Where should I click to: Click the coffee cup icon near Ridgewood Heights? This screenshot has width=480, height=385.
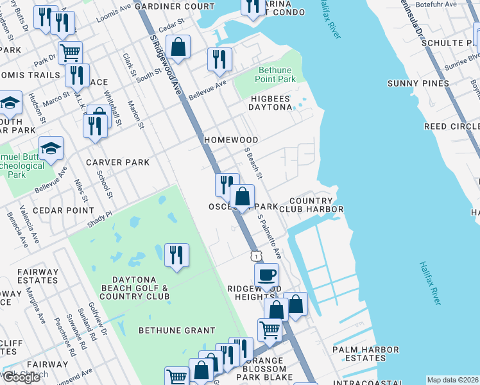266,275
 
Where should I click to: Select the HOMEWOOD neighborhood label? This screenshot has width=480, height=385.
231,140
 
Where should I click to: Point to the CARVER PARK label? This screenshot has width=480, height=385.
117,162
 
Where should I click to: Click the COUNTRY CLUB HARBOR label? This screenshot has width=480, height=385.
311,205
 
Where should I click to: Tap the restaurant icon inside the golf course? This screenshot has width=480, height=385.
176,255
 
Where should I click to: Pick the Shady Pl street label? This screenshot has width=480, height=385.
100,219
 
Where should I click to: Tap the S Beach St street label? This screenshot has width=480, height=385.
254,163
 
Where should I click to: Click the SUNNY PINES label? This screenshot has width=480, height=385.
418,83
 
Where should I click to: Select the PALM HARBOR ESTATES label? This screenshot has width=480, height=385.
365,354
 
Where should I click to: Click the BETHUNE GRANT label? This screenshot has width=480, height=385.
177,330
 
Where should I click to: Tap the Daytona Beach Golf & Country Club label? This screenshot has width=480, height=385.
141,288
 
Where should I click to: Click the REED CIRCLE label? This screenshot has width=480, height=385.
452,127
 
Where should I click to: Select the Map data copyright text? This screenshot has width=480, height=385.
452,380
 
